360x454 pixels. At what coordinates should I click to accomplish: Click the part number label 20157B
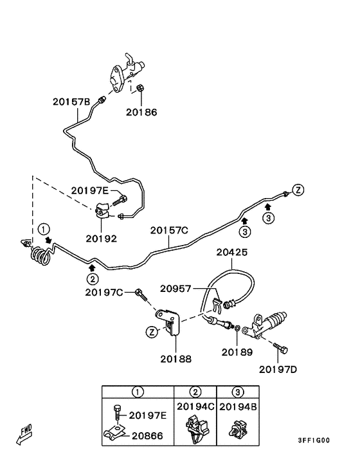[x=71, y=102]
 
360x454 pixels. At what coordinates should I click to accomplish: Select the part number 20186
[x=141, y=113]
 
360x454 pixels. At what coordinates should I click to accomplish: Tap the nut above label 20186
[x=140, y=87]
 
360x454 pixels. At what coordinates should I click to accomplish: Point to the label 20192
[x=102, y=239]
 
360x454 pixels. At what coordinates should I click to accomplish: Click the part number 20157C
[x=169, y=230]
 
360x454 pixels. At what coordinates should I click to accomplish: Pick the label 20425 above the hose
[x=232, y=253]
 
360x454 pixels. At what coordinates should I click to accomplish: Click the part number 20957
[x=175, y=289]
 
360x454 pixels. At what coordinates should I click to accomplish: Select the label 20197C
[x=104, y=293]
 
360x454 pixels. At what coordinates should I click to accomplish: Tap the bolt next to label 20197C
[x=141, y=295]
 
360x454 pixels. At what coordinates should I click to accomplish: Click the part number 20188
[x=176, y=359]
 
